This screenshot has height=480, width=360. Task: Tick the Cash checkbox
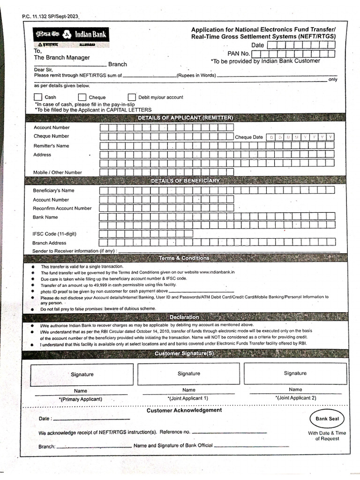coord(38,97)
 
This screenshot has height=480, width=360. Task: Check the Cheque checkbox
coord(82,97)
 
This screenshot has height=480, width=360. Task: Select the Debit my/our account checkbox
coord(132,97)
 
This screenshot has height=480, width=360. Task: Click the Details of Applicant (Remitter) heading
coord(186,117)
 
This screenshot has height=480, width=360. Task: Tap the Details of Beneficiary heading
coord(185,180)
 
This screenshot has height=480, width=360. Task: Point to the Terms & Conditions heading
coord(184,258)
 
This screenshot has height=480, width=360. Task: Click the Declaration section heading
coord(185,317)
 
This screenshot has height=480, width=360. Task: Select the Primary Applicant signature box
coord(82,374)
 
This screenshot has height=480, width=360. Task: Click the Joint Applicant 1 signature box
coord(189,373)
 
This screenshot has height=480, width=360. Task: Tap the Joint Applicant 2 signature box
coord(295,373)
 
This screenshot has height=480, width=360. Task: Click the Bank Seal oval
coord(327,419)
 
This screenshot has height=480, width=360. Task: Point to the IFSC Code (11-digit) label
coord(54,233)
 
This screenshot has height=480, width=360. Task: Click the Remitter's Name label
coord(51,146)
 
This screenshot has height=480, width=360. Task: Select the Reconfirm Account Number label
coord(62,208)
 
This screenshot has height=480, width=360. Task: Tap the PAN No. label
coord(239,53)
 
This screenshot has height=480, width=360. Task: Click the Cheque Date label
coord(249,137)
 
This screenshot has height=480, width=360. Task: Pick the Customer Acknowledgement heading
coord(184,410)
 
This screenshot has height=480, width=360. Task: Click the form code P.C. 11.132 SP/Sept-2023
coord(50,17)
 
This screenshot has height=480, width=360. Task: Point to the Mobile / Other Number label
coord(57,172)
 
